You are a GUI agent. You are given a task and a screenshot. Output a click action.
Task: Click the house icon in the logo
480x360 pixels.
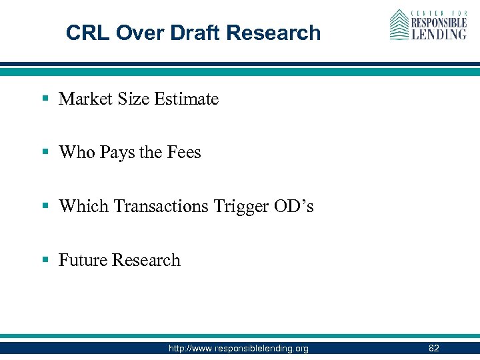point(399,25)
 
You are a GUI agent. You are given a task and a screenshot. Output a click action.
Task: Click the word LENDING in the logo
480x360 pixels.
point(438,33)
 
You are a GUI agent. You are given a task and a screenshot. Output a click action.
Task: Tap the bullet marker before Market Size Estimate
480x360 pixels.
point(45,99)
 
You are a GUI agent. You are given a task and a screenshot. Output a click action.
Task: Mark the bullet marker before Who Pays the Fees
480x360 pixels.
point(45,153)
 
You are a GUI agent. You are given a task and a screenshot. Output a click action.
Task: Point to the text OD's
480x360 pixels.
point(293,207)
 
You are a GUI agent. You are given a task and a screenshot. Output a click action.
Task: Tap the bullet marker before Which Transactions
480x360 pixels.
point(45,207)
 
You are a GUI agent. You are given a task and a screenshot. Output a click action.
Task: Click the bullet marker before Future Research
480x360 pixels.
point(45,260)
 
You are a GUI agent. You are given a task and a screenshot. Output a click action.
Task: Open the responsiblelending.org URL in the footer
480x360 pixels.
point(239,348)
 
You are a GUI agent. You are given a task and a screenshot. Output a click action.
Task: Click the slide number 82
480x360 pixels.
point(434,348)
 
